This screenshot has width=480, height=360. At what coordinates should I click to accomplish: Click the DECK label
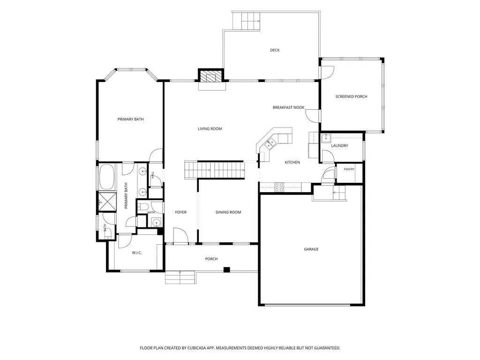[x=275, y=50]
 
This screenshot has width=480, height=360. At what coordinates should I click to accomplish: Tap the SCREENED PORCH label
[x=351, y=97]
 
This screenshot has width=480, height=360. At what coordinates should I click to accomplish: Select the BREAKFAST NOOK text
[x=288, y=107]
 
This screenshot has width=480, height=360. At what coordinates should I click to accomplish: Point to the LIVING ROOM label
[x=210, y=129]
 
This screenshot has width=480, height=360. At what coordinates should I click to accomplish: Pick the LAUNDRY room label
[x=339, y=146]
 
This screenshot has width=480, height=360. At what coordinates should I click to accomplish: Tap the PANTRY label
[x=349, y=169]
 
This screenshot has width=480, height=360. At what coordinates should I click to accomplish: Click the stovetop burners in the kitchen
[x=279, y=187]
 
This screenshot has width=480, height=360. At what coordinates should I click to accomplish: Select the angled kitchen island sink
[x=270, y=143]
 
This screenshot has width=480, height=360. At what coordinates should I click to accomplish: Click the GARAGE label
[x=311, y=249]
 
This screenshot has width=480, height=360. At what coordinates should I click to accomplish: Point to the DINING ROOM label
[x=228, y=212]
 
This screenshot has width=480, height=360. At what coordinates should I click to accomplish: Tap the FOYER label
[x=180, y=212]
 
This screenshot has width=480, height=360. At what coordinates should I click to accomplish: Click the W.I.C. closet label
[x=137, y=253]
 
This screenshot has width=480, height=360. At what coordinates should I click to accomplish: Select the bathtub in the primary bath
[x=106, y=177]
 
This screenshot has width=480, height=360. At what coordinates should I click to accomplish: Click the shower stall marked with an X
[x=107, y=202]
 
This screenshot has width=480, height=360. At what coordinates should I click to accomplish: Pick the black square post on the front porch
[x=226, y=270]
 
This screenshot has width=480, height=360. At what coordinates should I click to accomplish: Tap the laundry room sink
[x=326, y=138]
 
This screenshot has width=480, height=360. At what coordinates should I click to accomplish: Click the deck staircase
[x=247, y=21]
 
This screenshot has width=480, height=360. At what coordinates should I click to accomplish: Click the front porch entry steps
[x=180, y=277]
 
